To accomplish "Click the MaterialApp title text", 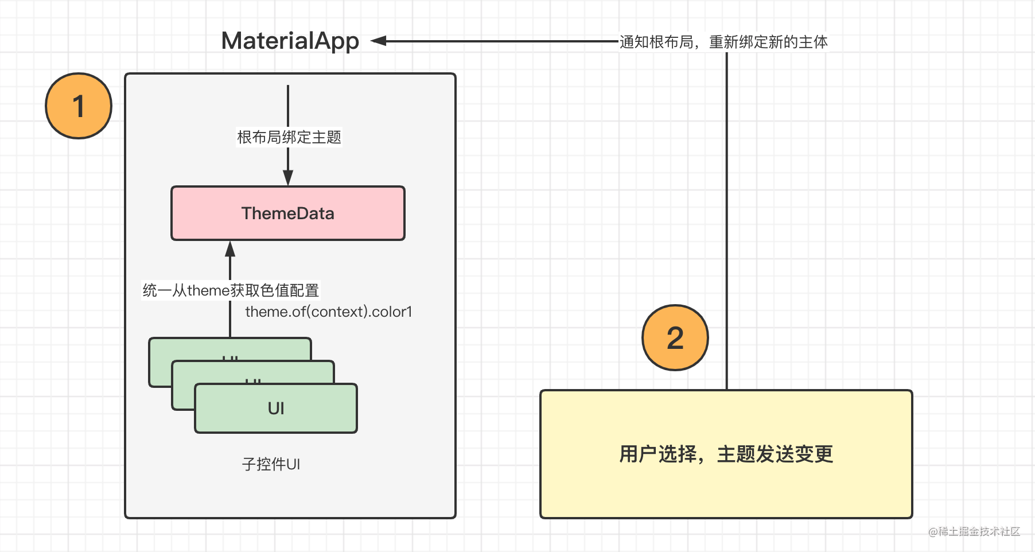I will coord(290,41).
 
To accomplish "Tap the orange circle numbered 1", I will coord(79,106).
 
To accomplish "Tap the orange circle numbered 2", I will coord(675,337).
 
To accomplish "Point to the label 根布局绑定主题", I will coord(289,138).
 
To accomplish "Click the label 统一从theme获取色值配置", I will coord(231,290).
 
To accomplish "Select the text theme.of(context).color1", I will coord(329,312).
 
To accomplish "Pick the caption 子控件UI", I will coord(271,464).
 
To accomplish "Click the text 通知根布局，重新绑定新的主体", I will coord(723,42).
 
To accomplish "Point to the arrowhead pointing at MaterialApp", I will coord(379,41).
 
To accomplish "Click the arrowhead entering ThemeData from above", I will coord(288,178).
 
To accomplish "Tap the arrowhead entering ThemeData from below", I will coord(230,248).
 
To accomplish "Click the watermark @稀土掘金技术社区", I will coord(974,532).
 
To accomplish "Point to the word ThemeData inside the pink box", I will coord(288,213).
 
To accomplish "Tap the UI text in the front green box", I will coord(276,409).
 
